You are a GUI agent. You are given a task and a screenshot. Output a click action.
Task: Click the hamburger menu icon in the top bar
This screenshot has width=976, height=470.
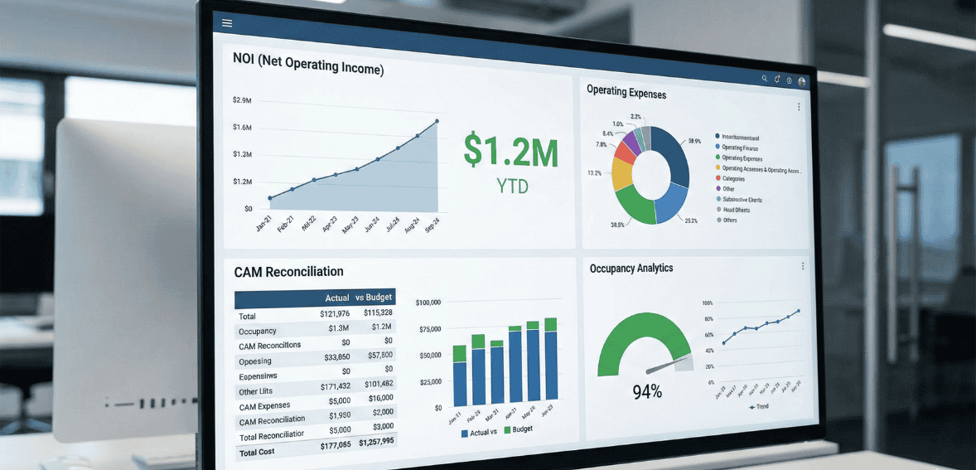(227, 23)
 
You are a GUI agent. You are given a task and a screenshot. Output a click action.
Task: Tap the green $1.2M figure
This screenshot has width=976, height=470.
(510, 151)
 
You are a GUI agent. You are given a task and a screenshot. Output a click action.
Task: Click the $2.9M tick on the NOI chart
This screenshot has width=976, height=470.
(242, 100)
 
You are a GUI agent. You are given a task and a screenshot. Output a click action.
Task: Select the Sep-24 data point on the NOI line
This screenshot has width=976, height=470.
(437, 121)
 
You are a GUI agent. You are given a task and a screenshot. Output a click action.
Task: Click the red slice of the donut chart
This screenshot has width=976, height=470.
(624, 152)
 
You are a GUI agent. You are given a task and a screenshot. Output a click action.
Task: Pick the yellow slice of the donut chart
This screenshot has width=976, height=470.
(621, 173)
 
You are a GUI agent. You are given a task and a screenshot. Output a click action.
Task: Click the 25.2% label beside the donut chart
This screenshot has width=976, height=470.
(690, 220)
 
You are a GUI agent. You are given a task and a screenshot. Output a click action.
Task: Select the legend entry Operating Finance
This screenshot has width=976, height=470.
(739, 148)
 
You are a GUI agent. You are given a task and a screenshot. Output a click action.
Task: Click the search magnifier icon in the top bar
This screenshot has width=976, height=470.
(765, 79)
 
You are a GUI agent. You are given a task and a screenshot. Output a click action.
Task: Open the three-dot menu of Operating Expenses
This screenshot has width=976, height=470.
(799, 107)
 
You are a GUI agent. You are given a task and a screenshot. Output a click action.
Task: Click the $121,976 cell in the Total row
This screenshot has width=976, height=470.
(335, 313)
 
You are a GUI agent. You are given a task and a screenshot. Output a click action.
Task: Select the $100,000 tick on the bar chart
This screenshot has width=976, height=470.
(428, 303)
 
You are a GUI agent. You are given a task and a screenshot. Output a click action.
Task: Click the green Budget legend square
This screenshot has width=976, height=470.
(507, 430)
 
